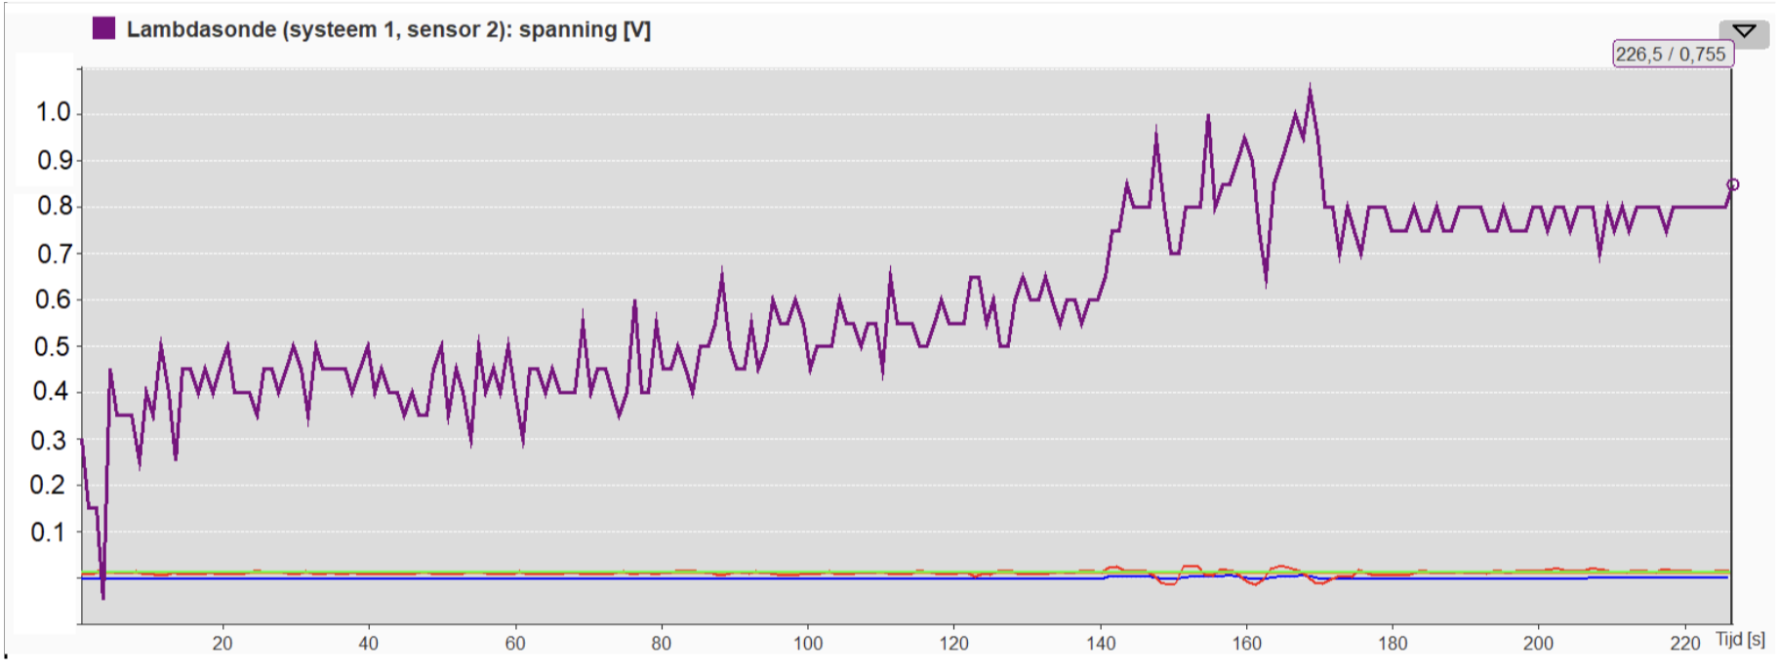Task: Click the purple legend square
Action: pos(103,28)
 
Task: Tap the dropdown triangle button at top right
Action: pos(1744,31)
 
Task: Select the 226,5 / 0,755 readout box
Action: pos(1671,55)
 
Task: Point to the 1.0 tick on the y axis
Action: pos(54,112)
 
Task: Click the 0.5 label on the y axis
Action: pos(54,346)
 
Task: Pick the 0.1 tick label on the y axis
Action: pos(49,532)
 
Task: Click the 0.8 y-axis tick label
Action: pos(54,206)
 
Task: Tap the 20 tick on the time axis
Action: pos(222,644)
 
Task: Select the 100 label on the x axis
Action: pos(808,644)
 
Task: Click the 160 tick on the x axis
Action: pos(1247,644)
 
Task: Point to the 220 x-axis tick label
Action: pos(1685,644)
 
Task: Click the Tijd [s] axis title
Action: pos(1740,640)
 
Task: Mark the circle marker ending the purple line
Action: pos(1732,184)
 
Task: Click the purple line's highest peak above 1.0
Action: pos(1310,88)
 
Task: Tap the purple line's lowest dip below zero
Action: pos(102,595)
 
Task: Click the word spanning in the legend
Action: pos(567,29)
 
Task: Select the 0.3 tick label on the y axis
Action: pos(49,440)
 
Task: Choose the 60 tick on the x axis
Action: pos(515,644)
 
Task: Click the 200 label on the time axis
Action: pos(1539,644)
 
